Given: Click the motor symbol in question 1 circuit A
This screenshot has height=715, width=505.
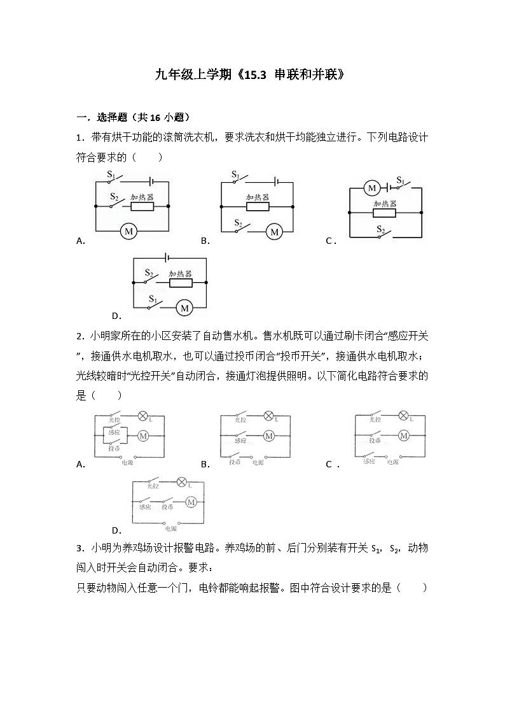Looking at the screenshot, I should pyautogui.click(x=128, y=231).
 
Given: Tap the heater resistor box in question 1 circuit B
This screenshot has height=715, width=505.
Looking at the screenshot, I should pyautogui.click(x=258, y=207).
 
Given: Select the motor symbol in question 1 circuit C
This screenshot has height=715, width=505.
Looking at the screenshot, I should pyautogui.click(x=371, y=188).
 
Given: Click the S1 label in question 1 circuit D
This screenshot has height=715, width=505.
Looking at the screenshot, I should pyautogui.click(x=153, y=299).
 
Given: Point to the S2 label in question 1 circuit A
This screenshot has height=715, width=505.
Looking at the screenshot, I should pyautogui.click(x=114, y=197).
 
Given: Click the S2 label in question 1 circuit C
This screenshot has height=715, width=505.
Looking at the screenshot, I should pyautogui.click(x=380, y=229).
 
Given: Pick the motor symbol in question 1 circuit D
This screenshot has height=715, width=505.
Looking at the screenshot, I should pyautogui.click(x=184, y=308).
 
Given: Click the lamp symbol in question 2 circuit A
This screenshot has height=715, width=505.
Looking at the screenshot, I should pyautogui.click(x=142, y=416).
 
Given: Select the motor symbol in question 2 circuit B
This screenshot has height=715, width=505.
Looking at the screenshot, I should pyautogui.click(x=269, y=436).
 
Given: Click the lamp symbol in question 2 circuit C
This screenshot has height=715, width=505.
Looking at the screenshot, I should pyautogui.click(x=403, y=416).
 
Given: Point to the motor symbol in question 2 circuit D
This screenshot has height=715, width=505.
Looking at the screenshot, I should pyautogui.click(x=191, y=502).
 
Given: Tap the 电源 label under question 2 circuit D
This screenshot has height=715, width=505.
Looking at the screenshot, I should pyautogui.click(x=170, y=528).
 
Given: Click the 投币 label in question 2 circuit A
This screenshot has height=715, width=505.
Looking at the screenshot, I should pyautogui.click(x=114, y=449).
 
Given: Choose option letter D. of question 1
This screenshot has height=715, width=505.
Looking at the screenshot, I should pyautogui.click(x=116, y=316).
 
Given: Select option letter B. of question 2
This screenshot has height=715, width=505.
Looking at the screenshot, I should pyautogui.click(x=205, y=465).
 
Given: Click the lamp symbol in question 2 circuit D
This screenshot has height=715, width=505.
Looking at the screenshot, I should pyautogui.click(x=181, y=482).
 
